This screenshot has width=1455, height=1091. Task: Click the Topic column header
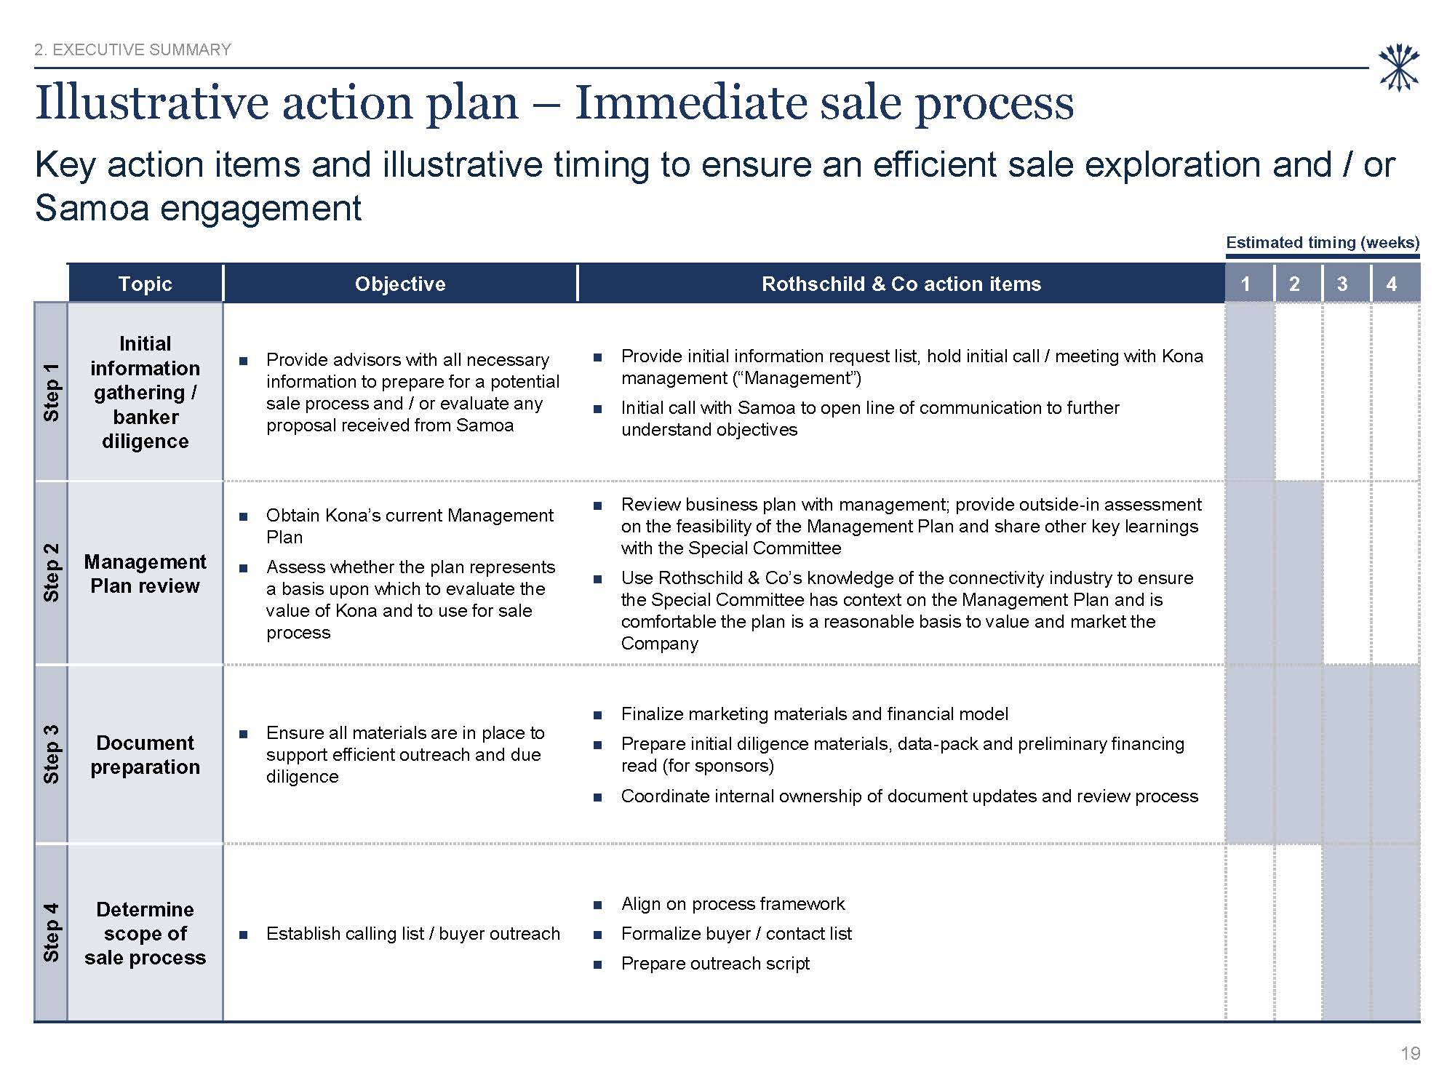pos(145,284)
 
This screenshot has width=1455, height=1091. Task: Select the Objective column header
pos(400,284)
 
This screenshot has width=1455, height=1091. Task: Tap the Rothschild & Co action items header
pos(901,284)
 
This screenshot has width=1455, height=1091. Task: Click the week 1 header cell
pos(1249,284)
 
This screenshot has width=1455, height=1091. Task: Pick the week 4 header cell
pos(1395,284)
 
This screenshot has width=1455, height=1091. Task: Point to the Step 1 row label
pos(51,392)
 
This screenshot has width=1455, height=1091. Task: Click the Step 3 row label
pos(51,754)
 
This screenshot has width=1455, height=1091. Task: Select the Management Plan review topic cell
pos(145,573)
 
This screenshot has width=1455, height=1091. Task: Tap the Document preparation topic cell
pos(145,754)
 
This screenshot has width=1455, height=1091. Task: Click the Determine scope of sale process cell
pos(145,933)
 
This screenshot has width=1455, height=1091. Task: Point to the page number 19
pos(1410,1054)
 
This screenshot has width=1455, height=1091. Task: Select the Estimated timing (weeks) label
pos(1323,243)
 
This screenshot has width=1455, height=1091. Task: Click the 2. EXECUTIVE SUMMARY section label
pos(133,49)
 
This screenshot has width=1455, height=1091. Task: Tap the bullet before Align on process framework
pos(598,905)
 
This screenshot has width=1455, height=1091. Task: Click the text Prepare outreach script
pos(715,964)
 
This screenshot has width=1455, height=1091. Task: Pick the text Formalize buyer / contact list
pos(736,934)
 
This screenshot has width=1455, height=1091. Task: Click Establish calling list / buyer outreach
pos(413,934)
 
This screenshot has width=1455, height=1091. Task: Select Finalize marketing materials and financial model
pos(815,714)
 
